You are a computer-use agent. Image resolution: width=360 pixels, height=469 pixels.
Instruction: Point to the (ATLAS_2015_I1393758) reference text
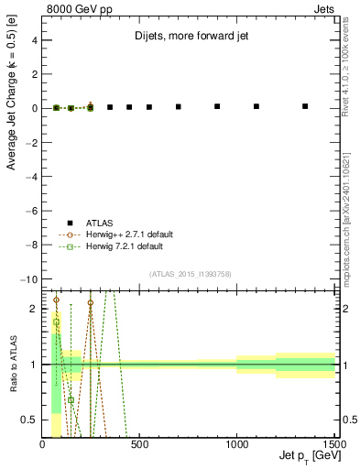tap(190, 274)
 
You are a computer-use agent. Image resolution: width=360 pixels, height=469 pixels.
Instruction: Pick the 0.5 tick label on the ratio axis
tap(29, 420)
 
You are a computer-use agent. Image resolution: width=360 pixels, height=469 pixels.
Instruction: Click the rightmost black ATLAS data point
tap(305, 106)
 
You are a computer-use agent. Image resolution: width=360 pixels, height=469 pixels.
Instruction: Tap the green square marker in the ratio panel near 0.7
tap(71, 399)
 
